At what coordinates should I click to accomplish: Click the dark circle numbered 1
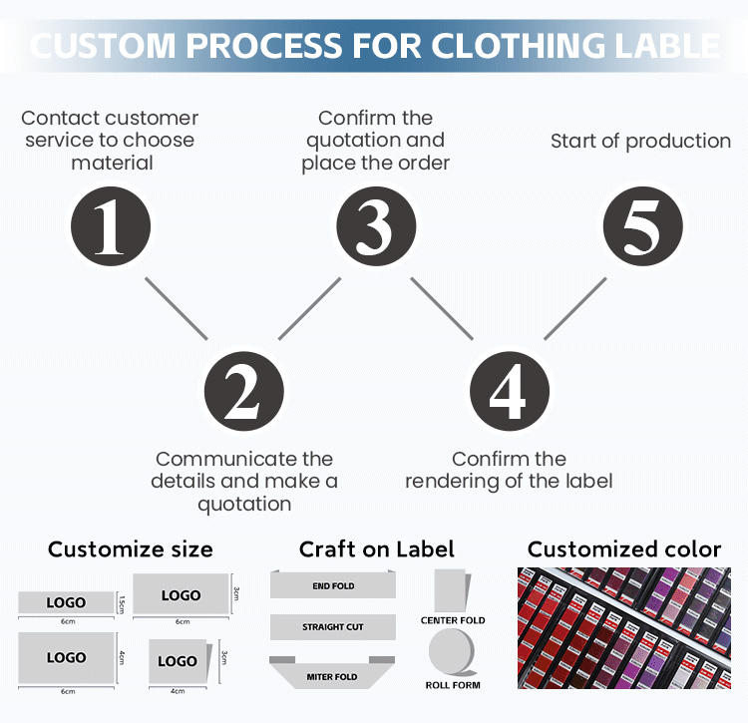(110, 226)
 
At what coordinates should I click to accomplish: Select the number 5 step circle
(642, 226)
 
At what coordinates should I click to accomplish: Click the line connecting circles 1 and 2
(177, 308)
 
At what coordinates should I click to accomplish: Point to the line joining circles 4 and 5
(575, 308)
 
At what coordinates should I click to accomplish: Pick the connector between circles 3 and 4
(442, 308)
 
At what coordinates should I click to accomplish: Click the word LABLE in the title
(668, 46)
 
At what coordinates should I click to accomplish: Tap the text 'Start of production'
(640, 141)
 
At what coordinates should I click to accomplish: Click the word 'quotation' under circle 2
(244, 504)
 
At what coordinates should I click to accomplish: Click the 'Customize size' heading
(131, 549)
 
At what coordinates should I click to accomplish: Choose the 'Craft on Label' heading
(377, 549)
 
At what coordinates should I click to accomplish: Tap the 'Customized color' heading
(624, 549)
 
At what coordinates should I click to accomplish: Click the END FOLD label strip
(333, 586)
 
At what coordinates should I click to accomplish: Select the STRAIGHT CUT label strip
(333, 627)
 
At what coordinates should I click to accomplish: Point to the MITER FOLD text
(333, 677)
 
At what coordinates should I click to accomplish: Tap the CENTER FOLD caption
(453, 620)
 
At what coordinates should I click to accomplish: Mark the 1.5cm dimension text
(122, 602)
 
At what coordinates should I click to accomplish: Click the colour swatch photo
(624, 628)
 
